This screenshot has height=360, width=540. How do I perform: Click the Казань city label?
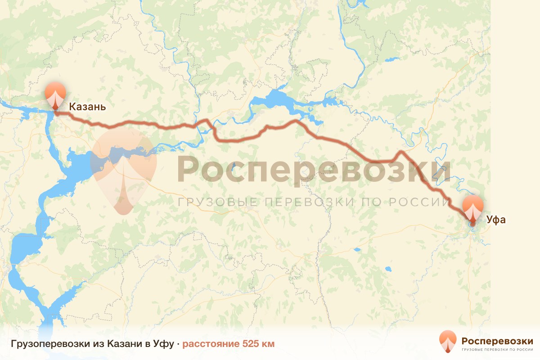[x=87, y=107]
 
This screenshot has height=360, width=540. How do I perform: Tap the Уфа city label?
[x=496, y=220]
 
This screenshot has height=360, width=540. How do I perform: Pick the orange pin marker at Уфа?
[x=473, y=208]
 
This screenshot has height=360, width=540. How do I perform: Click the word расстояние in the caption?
[x=211, y=344]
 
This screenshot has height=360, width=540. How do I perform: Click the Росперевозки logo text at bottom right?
[x=497, y=340]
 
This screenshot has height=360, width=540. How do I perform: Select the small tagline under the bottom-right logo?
[x=497, y=349]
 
